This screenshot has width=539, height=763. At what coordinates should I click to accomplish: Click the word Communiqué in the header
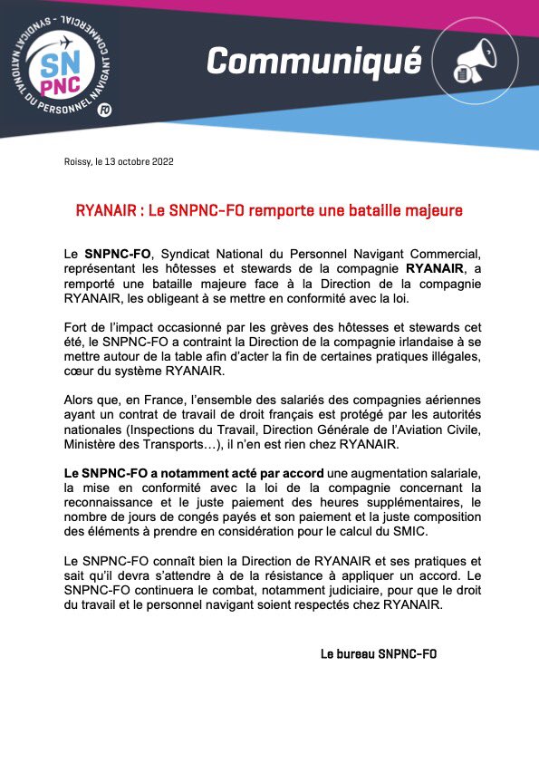point(313,62)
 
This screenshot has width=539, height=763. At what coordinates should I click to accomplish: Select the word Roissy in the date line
point(76,162)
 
